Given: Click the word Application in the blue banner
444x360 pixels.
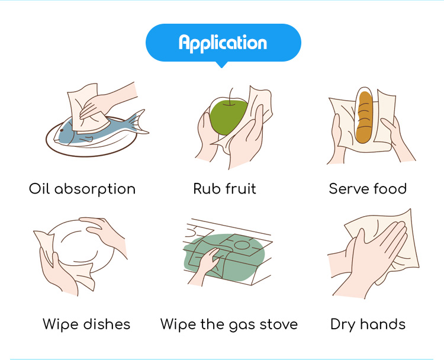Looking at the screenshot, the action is point(223,43).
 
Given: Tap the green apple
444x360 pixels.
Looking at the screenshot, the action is point(228,117).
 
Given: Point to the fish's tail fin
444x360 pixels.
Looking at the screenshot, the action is point(137,123).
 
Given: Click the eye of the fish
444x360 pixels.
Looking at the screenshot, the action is point(62,131).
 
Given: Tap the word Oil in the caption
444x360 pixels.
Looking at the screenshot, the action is point(39,188).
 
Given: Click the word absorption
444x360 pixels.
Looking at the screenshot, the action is point(95,189).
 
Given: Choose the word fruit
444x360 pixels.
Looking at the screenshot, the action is point(241,189).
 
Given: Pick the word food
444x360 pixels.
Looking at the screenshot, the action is point(390,189).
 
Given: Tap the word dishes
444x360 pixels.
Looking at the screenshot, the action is point(107,324).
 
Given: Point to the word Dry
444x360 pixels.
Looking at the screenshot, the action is point(343,325).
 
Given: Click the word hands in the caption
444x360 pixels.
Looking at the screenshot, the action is point(382,324).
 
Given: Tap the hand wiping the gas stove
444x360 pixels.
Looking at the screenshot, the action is point(207,265).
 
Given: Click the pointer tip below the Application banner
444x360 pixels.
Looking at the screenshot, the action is point(222,67).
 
